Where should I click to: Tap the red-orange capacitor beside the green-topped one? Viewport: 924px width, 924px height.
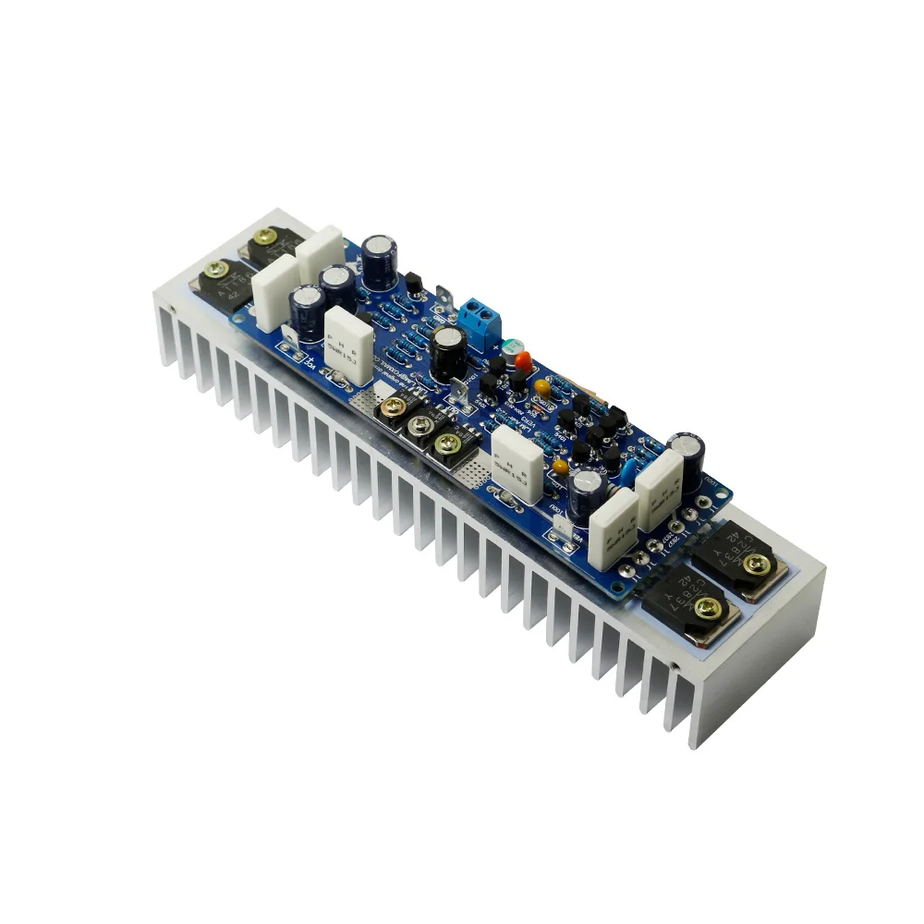523,358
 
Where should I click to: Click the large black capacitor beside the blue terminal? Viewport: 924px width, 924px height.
448,351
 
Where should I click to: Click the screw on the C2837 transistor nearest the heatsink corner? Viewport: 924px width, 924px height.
708,606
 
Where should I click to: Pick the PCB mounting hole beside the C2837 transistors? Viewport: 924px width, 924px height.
712,505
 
